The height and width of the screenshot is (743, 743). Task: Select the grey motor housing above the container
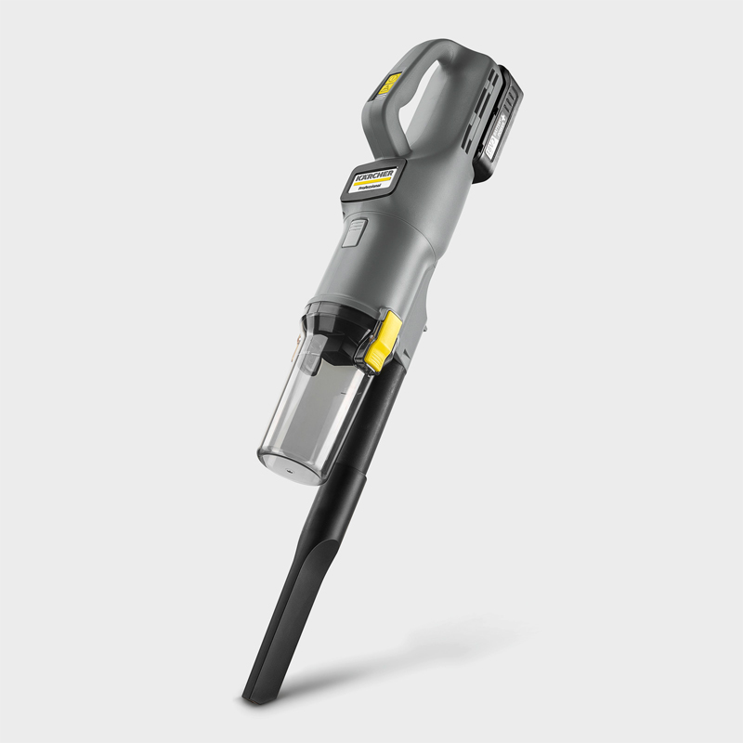[x=390, y=251]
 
